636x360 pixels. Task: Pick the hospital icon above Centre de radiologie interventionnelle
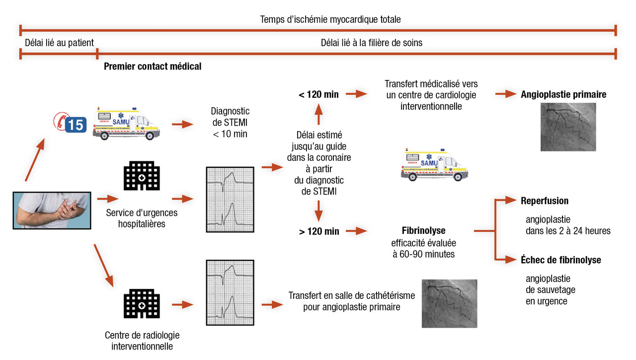[142, 304]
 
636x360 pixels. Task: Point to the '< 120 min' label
[319, 94]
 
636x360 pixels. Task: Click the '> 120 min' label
[319, 231]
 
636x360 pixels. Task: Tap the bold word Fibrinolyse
[423, 231]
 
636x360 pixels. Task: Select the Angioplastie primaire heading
[563, 94]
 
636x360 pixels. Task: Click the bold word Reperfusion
[545, 201]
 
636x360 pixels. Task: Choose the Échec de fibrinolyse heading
[560, 260]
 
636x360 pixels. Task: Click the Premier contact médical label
[153, 66]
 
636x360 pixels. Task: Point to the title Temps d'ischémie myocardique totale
[330, 19]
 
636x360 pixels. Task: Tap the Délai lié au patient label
[59, 43]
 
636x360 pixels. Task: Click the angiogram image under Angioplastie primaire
[568, 127]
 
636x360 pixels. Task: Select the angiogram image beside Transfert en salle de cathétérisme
[449, 303]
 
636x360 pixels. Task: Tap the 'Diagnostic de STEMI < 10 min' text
[230, 123]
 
